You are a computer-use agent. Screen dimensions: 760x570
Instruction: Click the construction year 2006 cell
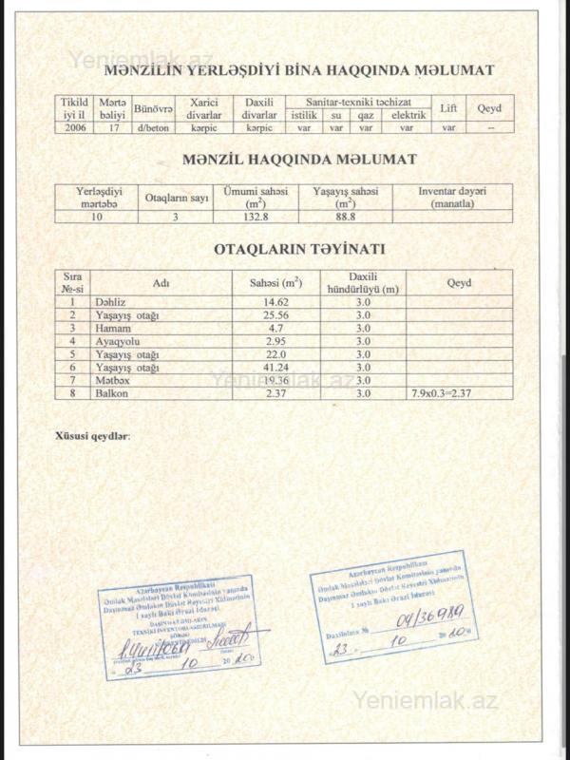74,127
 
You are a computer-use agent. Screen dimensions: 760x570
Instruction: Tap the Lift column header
449,108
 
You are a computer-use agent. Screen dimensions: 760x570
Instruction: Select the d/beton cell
153,127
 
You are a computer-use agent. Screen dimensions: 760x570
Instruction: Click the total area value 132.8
254,217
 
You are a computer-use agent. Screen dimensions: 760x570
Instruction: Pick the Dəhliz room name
110,301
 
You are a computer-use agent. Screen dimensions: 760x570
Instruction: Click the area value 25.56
275,314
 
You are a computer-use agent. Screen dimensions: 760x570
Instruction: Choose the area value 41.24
275,367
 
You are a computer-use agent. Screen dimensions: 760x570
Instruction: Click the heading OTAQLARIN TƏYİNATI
298,250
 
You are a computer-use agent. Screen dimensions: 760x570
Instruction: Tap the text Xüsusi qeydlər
94,436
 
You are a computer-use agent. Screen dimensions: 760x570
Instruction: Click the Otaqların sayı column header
176,198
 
